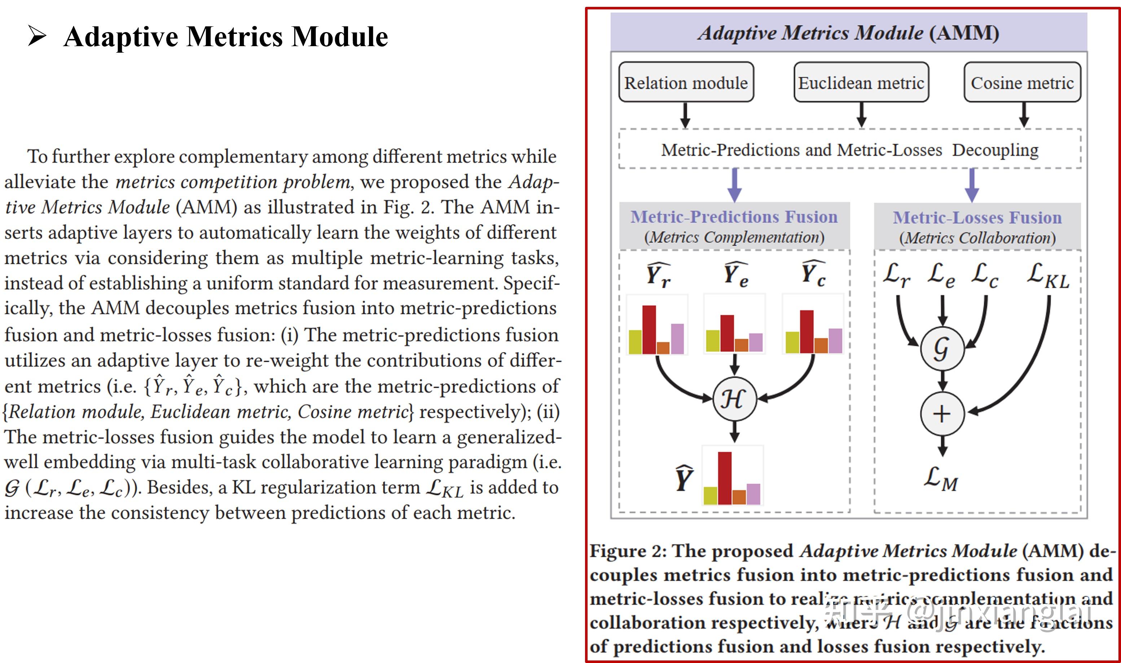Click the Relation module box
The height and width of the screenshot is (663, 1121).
(x=686, y=82)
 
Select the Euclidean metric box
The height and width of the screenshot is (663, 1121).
(x=861, y=82)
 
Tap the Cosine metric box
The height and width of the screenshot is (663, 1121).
(x=1022, y=82)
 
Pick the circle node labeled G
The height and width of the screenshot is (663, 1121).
(x=942, y=348)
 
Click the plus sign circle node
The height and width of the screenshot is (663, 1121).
(x=942, y=414)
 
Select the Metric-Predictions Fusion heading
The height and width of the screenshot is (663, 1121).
(x=734, y=217)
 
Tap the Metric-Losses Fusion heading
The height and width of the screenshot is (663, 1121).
(x=977, y=218)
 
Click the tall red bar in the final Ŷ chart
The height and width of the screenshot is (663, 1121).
(x=724, y=478)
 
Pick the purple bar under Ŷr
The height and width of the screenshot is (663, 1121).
(x=677, y=339)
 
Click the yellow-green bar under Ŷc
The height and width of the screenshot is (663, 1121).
(x=792, y=342)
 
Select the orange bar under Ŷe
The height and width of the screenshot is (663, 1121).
(x=741, y=345)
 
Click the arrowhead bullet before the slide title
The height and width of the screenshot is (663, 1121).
(x=37, y=36)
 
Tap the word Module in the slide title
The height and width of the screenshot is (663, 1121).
(x=339, y=37)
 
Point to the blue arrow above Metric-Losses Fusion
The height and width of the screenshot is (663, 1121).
(x=972, y=185)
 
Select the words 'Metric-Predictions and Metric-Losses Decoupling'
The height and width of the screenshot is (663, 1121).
(x=849, y=150)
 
